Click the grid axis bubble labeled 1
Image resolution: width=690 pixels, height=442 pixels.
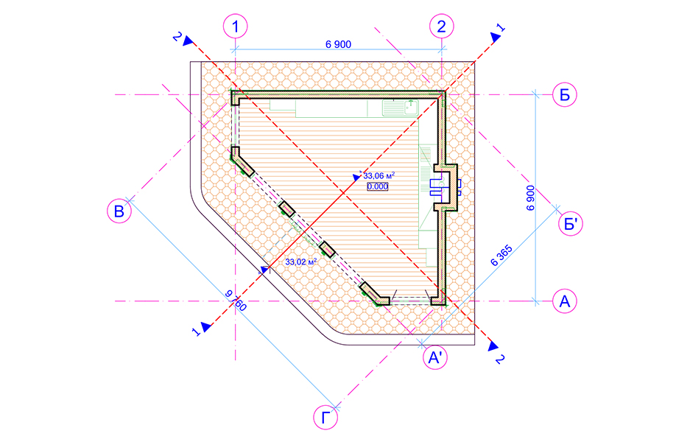236,27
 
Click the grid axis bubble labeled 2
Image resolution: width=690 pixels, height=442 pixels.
441,27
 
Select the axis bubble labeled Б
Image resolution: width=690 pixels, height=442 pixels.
565,94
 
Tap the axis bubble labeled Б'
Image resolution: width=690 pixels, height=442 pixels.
570,224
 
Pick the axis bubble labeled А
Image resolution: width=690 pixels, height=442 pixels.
565,301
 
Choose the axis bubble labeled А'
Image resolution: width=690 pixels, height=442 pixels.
435,357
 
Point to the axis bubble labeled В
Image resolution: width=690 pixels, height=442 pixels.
119,211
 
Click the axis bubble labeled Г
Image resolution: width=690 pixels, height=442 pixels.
325,418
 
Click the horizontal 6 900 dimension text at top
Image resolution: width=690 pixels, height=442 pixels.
339,44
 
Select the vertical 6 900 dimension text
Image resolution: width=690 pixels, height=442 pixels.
531,198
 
